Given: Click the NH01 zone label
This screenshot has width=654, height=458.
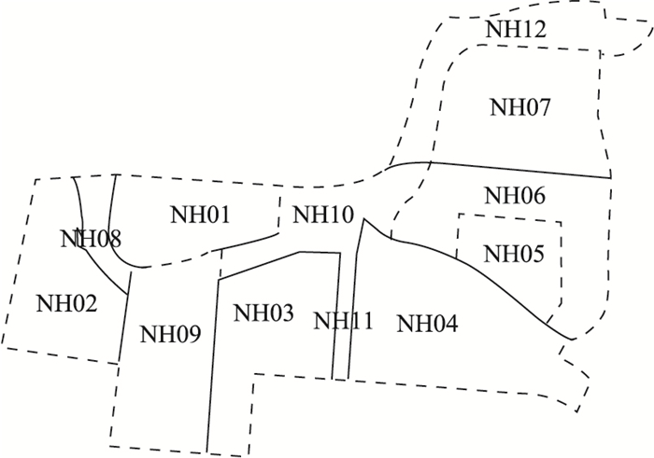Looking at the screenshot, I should point(200,215).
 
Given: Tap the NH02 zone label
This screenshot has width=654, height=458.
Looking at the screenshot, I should point(66,302).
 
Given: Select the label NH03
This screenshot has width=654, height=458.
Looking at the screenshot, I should point(263,312).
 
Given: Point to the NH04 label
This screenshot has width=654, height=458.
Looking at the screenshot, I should point(428,324).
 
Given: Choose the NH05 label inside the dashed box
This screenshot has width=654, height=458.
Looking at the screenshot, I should point(513,253).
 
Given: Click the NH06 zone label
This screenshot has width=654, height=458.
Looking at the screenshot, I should point(516,196).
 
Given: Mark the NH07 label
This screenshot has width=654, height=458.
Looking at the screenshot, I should point(520,107).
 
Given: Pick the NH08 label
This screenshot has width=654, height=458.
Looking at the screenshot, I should point(91,238).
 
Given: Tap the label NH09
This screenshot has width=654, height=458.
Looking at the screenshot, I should point(170,333).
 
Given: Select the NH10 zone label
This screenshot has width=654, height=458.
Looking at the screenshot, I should point(323,215).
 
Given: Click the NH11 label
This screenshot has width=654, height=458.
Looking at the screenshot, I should point(343,322).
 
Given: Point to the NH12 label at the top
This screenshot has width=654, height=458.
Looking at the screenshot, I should point(515,29).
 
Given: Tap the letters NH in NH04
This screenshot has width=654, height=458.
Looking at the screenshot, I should point(412,324).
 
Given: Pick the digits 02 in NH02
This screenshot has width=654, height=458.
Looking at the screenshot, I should point(82,302).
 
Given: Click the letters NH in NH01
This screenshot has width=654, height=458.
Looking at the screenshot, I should point(184,215).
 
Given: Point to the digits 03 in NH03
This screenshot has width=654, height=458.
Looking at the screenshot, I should point(279,312).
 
